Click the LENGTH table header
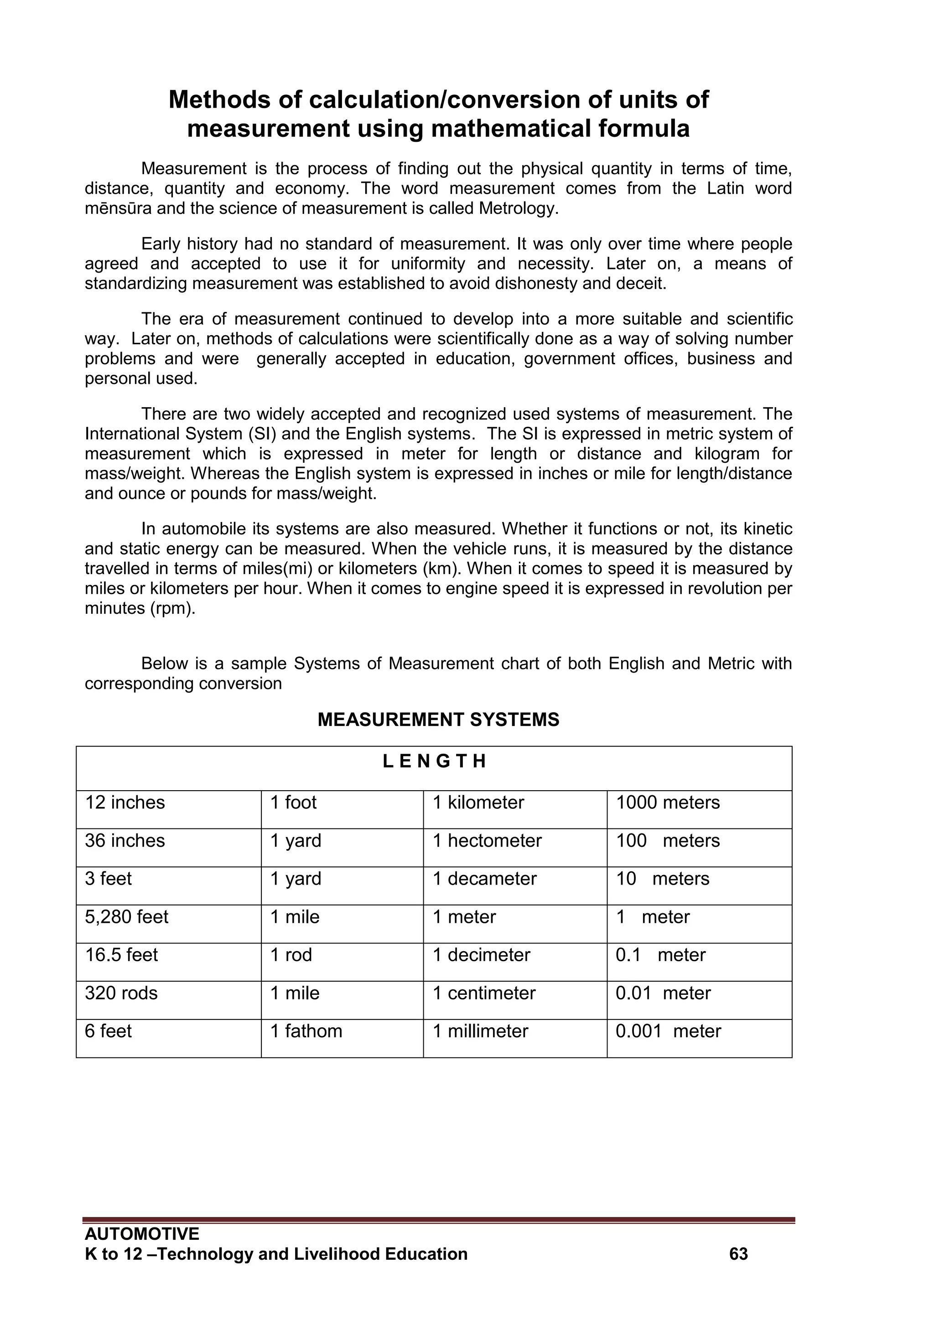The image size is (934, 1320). tap(434, 762)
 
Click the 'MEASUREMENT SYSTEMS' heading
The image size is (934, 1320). tap(438, 720)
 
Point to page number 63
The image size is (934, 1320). tap(738, 1254)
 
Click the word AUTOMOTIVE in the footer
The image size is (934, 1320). tap(141, 1234)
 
